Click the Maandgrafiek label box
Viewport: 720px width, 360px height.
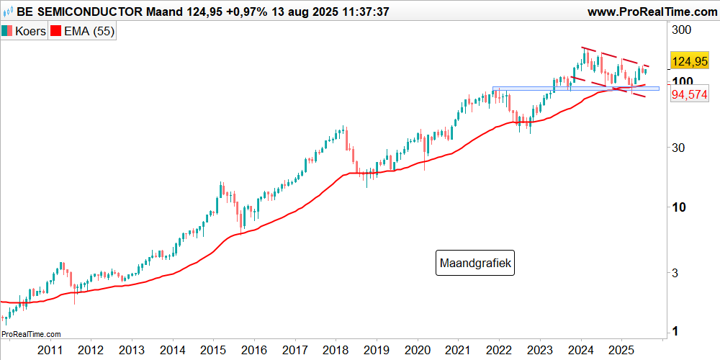(x=477, y=264)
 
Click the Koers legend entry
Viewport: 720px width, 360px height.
(x=24, y=31)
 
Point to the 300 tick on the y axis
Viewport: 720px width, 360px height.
(x=681, y=30)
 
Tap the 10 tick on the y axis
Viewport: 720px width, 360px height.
(x=678, y=207)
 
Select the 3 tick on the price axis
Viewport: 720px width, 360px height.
(x=675, y=273)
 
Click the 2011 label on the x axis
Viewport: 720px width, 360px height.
(x=49, y=350)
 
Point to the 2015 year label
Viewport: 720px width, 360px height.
(x=212, y=350)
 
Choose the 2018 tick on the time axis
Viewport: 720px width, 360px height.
(x=335, y=350)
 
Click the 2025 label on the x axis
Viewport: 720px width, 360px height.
(x=621, y=350)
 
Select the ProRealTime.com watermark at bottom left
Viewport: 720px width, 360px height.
(x=31, y=334)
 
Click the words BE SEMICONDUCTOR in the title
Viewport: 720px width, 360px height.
(x=81, y=12)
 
